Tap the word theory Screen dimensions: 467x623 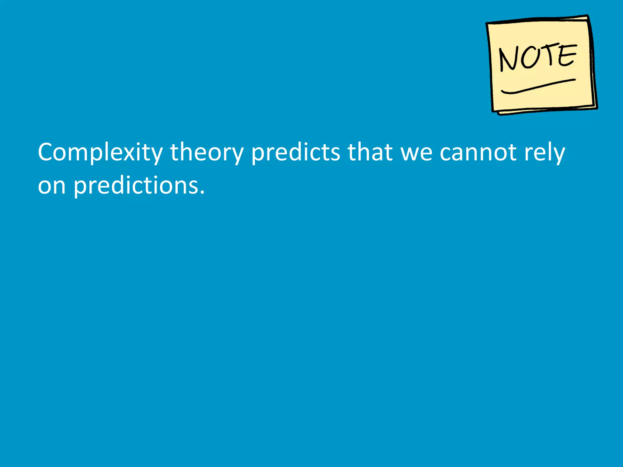(x=207, y=153)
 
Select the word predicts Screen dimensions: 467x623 (x=295, y=153)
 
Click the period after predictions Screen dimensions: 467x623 (x=202, y=193)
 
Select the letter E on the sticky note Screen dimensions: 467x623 (x=566, y=55)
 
